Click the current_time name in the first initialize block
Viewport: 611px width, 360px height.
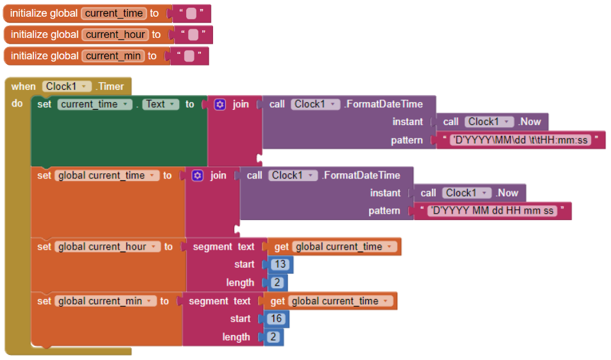point(114,13)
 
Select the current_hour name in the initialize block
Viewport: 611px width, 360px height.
point(116,35)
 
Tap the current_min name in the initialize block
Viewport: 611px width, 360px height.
point(113,56)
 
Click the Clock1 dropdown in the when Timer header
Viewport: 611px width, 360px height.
point(67,87)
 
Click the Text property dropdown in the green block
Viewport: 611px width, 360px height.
point(160,105)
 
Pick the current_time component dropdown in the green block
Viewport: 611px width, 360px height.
point(95,105)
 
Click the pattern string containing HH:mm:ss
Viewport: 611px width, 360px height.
point(521,141)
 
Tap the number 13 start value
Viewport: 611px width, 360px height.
point(280,264)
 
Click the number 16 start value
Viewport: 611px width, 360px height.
point(276,319)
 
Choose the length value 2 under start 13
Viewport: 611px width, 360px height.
point(277,282)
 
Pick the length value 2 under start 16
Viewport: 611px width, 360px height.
point(273,337)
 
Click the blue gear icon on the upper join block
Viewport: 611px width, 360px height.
point(220,105)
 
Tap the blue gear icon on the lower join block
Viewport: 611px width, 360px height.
point(198,176)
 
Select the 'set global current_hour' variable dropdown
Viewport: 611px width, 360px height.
point(107,247)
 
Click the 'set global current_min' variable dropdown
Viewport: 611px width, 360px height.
point(105,301)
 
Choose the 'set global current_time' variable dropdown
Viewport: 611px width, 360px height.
point(107,176)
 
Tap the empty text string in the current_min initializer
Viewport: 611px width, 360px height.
point(189,56)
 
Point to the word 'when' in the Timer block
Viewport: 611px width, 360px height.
point(23,87)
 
